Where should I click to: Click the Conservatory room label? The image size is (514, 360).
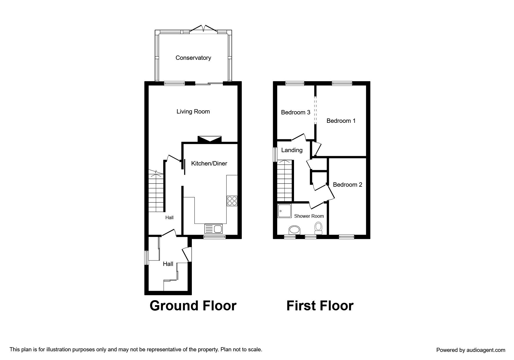(193, 58)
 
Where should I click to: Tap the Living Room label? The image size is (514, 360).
(193, 111)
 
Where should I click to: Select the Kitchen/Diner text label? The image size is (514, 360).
(209, 163)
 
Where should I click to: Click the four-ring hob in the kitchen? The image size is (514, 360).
(232, 201)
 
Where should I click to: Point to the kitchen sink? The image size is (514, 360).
(213, 229)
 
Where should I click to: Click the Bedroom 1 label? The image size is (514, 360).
(341, 121)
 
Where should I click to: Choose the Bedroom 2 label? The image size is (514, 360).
(347, 185)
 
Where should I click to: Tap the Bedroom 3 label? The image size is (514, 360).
(296, 112)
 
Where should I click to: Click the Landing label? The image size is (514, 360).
(292, 150)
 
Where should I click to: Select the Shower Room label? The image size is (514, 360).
(309, 216)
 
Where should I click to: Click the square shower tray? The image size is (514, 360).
(284, 211)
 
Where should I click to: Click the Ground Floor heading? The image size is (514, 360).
(193, 306)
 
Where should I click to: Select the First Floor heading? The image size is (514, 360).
(320, 306)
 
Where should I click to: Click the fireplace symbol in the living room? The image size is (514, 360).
(210, 139)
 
